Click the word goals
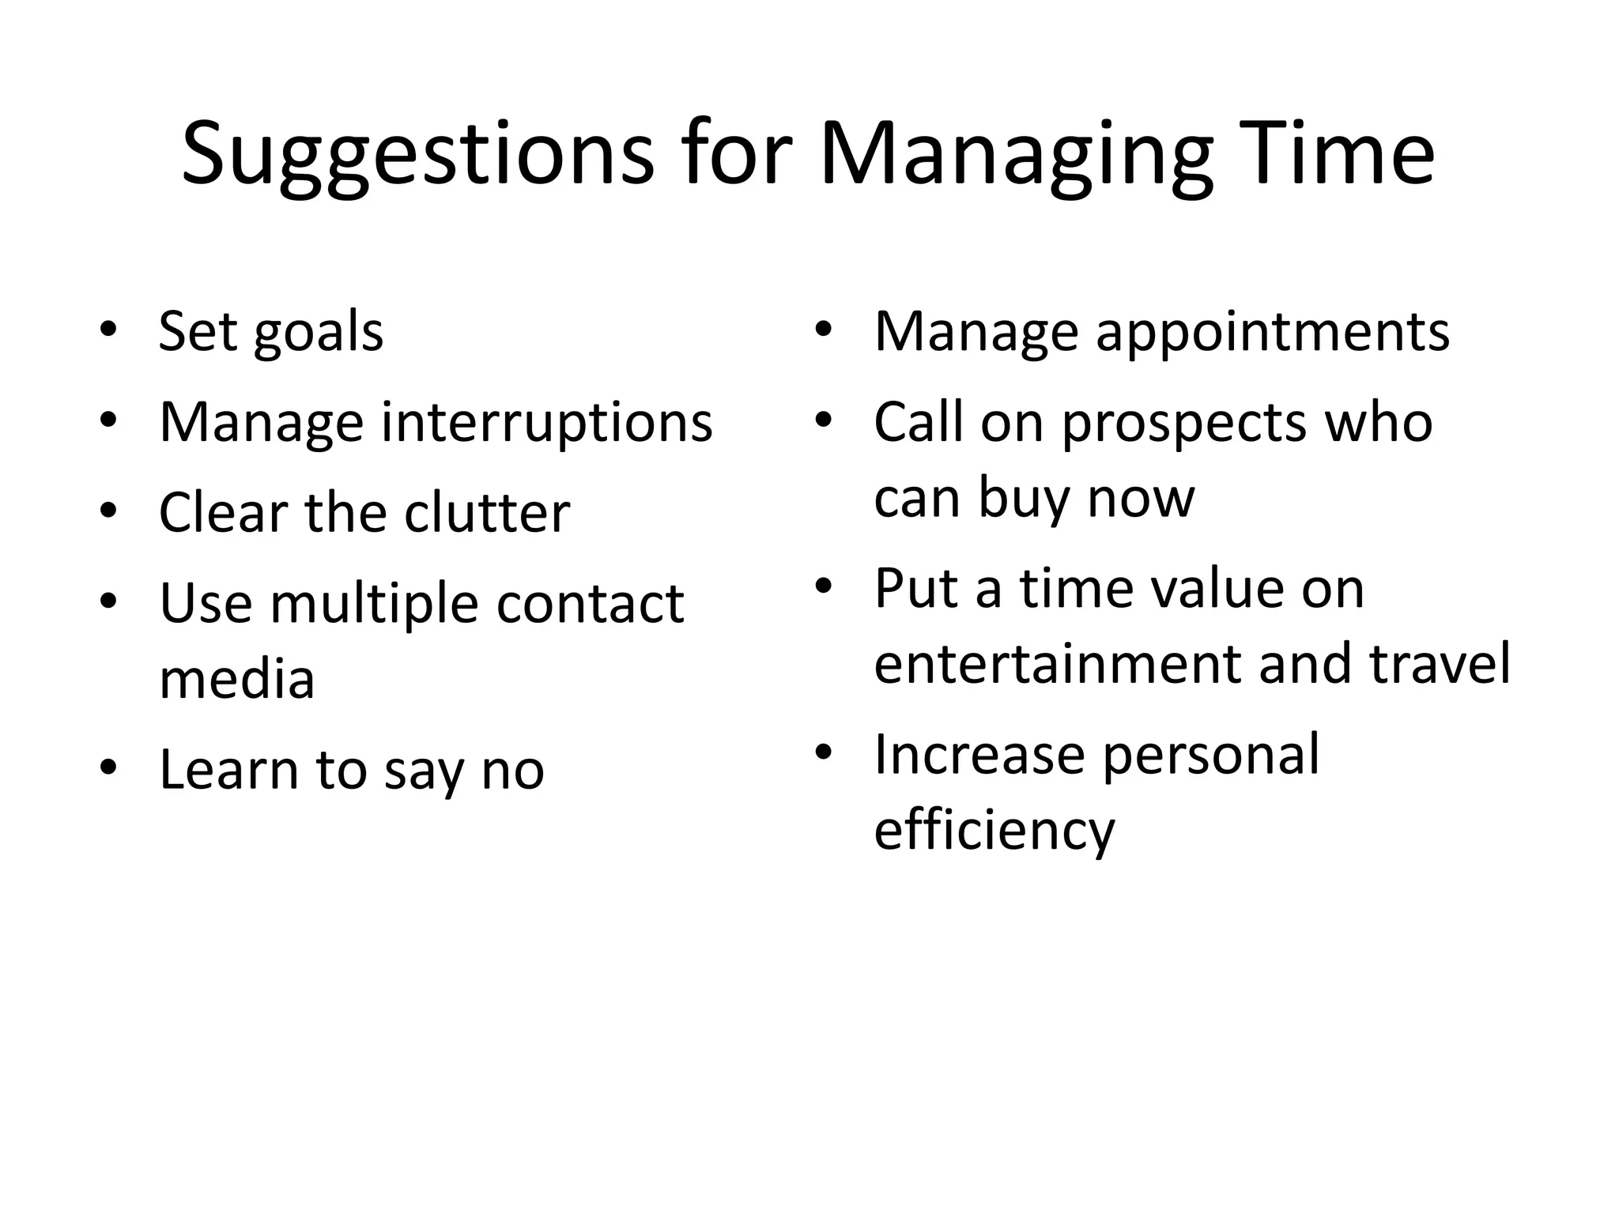click(x=318, y=333)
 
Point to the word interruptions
click(x=546, y=423)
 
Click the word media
click(x=236, y=679)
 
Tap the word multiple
click(x=373, y=604)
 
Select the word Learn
click(x=228, y=770)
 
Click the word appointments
click(x=1272, y=333)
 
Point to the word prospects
click(x=1183, y=424)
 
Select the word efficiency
click(x=994, y=831)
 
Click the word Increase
click(x=979, y=755)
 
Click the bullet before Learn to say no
click(x=109, y=767)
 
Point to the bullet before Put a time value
click(x=824, y=586)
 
